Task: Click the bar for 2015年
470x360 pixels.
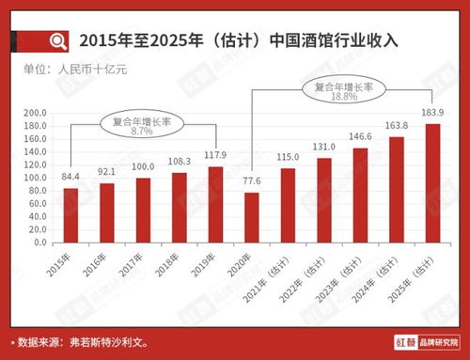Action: pyautogui.click(x=70, y=214)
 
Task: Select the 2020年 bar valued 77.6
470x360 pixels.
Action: pyautogui.click(x=252, y=217)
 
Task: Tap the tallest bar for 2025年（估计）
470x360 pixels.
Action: pyautogui.click(x=432, y=183)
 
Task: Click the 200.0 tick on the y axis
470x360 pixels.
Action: pyautogui.click(x=34, y=113)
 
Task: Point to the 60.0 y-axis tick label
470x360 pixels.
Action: pyautogui.click(x=36, y=203)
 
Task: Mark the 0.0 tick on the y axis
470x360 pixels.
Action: pyautogui.click(x=39, y=242)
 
